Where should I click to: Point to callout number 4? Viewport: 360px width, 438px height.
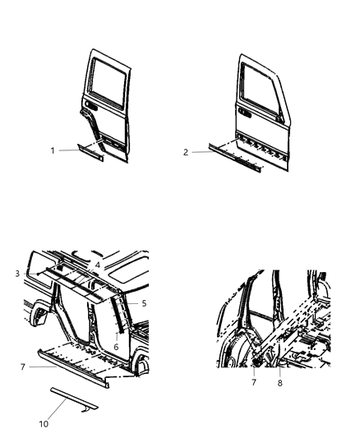(98, 265)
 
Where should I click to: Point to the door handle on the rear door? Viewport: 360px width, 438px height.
(90, 108)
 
